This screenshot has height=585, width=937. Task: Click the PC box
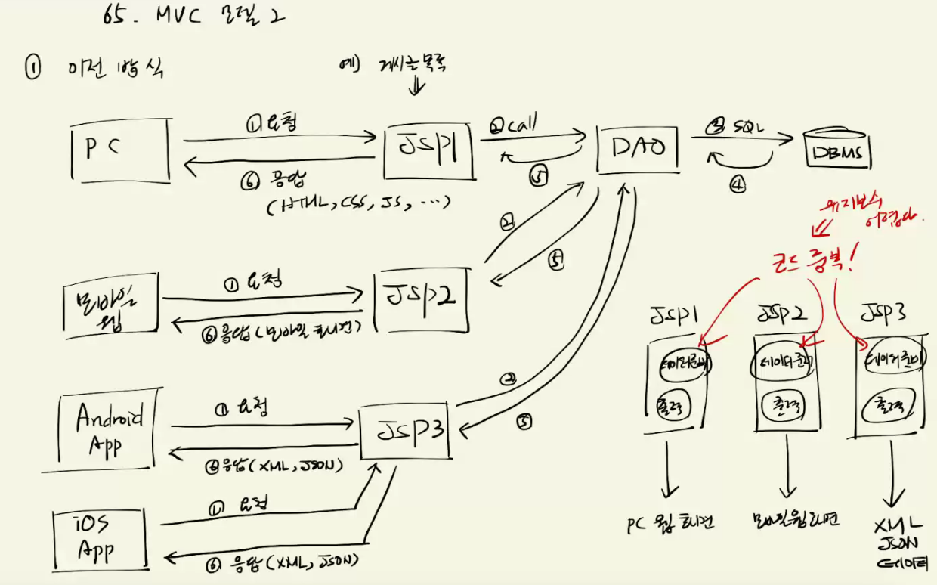point(122,149)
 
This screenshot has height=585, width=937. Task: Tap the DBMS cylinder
point(836,152)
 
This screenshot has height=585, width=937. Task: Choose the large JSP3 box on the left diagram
point(406,432)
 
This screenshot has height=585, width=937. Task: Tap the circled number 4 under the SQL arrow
point(738,182)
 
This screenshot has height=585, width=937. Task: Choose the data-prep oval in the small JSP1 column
point(684,363)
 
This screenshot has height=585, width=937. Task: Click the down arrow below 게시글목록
point(416,87)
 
